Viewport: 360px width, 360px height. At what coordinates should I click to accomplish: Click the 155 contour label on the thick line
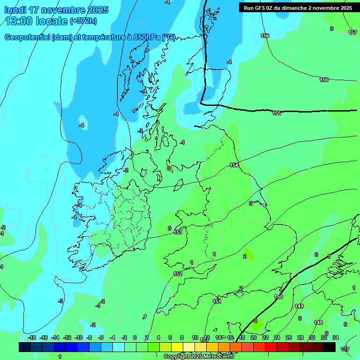click(x=277, y=113)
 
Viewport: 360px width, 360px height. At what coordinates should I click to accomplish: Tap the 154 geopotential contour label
click(x=234, y=165)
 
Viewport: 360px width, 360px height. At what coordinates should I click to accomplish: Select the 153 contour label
click(x=178, y=232)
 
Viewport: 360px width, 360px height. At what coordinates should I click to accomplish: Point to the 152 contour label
click(x=178, y=274)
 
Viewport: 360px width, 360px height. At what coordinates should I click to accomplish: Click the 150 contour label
click(x=278, y=297)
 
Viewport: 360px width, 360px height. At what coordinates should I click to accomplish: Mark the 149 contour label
click(x=299, y=306)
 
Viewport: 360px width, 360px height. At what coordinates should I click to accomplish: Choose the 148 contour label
click(x=318, y=322)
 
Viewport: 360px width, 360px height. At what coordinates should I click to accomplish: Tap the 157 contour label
click(x=352, y=32)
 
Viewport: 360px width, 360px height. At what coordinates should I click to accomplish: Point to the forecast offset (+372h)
click(x=83, y=21)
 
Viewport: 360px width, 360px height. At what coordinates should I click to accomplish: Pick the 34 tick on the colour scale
click(x=336, y=337)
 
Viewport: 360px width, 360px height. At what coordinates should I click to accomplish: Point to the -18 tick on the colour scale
click(x=32, y=337)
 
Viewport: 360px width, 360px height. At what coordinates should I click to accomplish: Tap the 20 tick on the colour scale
click(x=254, y=337)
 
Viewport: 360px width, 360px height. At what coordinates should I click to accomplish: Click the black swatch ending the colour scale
click(x=330, y=347)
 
